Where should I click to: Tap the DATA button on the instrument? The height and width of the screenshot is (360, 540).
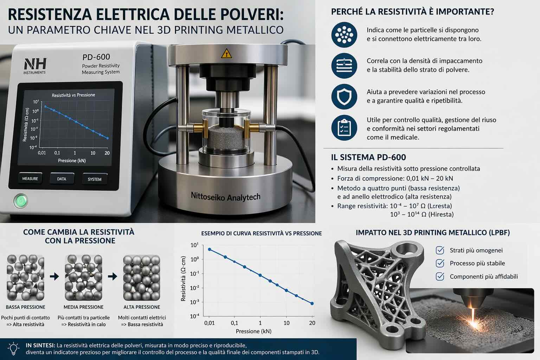(x=62, y=179)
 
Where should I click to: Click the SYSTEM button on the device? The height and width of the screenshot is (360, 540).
(x=95, y=179)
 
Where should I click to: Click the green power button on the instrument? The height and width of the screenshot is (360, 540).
(x=21, y=201)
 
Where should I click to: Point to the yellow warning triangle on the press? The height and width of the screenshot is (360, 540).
(x=226, y=54)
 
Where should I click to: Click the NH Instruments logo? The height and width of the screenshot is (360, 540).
(x=35, y=66)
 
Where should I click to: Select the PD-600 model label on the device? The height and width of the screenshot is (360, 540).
(x=96, y=57)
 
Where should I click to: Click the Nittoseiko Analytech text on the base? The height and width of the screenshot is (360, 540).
(x=226, y=197)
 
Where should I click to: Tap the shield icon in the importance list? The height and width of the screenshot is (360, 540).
(x=344, y=97)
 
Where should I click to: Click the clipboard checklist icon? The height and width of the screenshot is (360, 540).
(x=344, y=128)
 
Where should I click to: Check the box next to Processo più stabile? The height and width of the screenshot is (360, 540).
(x=440, y=263)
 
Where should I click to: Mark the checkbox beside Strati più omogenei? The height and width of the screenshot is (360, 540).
(x=440, y=250)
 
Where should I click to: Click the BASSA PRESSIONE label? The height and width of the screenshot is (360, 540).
(x=26, y=307)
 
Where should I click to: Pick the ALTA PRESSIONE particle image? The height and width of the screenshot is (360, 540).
(x=142, y=278)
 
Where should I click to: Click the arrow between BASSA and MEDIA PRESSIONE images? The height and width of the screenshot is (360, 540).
(x=54, y=276)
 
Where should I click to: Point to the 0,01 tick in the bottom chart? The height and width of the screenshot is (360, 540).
(x=209, y=323)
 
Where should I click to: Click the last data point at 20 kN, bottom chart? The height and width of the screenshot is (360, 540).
(x=312, y=304)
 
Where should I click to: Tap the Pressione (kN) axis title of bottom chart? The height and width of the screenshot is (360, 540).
(x=253, y=331)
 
